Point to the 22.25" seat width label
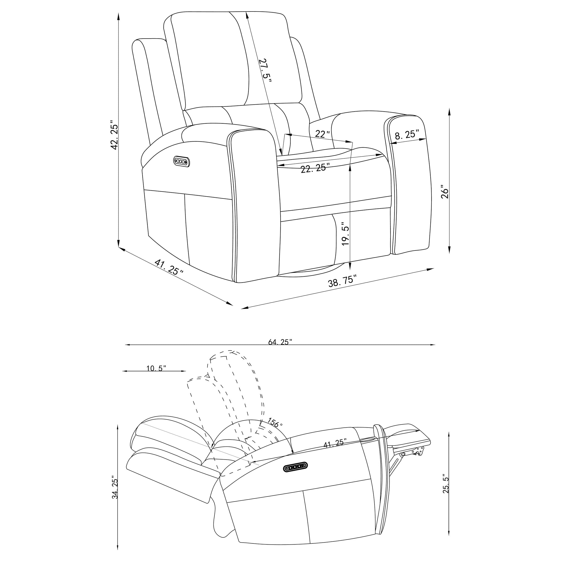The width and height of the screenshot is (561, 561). point(315,168)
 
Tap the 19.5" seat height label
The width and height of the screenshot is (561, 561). point(346,234)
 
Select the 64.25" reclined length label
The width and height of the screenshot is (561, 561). point(280,342)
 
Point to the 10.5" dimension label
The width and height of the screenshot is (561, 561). point(156,368)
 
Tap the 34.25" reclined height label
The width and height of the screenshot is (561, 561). point(115,489)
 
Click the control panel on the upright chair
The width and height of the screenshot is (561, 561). point(182,161)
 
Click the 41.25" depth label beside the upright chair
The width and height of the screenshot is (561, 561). point(169,267)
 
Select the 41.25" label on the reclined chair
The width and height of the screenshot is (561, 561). point(335,443)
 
